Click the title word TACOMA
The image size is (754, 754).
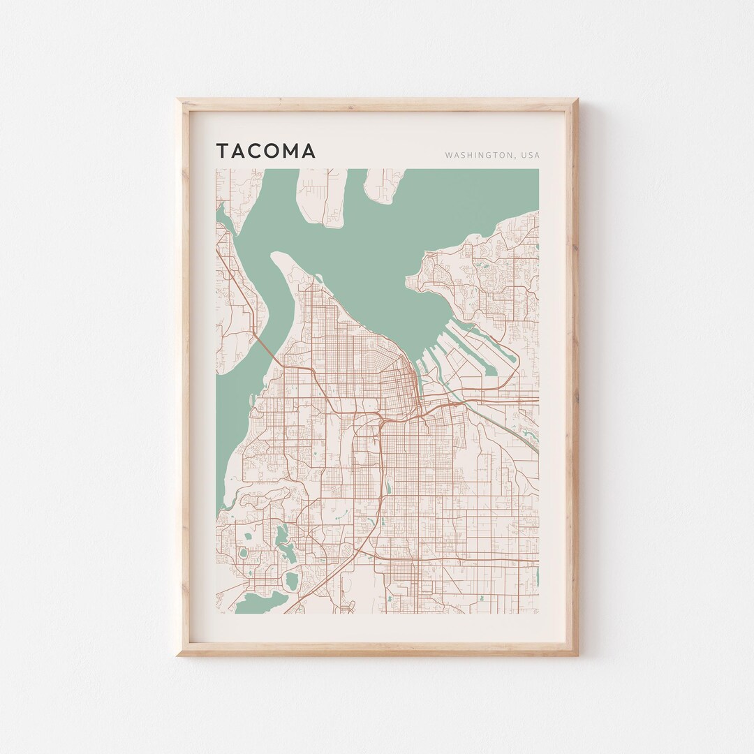point(265,151)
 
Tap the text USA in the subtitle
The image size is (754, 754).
point(529,155)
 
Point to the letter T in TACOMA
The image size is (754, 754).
point(221,151)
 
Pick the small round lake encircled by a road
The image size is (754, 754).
point(244,554)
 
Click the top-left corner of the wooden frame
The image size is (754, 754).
point(178,100)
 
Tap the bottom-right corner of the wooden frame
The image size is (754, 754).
point(577,654)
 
